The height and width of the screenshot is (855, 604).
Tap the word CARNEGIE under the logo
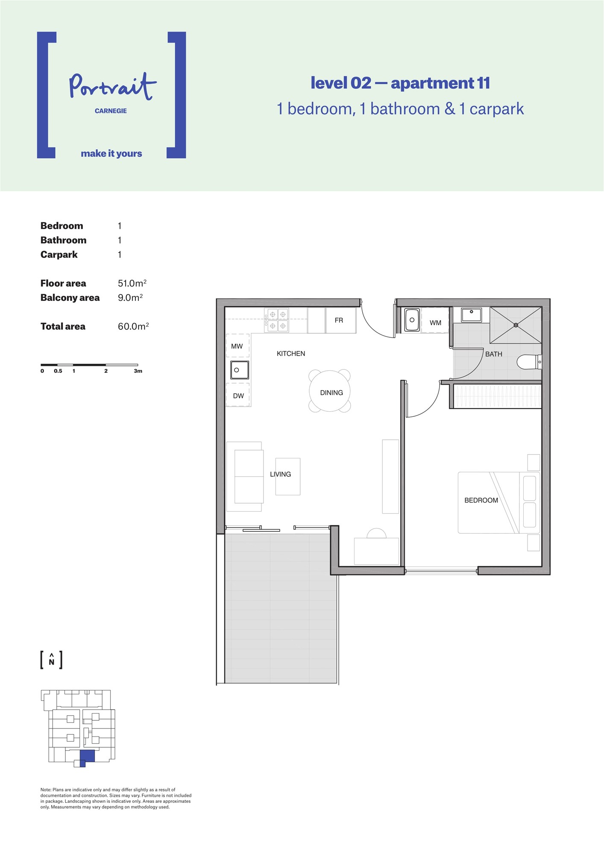(111, 111)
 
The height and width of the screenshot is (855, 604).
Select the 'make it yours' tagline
(111, 153)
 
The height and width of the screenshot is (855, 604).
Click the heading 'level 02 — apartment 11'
(400, 83)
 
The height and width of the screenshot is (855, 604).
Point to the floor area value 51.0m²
(132, 283)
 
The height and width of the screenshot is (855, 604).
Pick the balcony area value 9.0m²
(130, 298)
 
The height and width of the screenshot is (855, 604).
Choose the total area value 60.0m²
(133, 326)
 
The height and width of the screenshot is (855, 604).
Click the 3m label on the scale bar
(138, 371)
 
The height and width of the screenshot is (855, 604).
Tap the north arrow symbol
(52, 660)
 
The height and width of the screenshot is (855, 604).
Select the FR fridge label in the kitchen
(339, 320)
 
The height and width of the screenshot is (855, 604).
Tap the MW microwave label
(237, 346)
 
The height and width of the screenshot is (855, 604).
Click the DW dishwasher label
(238, 396)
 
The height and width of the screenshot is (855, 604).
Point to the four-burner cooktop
(277, 320)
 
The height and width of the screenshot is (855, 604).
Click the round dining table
(330, 391)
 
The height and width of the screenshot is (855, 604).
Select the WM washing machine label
(435, 323)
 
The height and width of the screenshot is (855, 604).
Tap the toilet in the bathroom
(529, 362)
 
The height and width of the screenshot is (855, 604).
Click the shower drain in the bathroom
(516, 325)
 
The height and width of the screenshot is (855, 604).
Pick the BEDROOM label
(481, 500)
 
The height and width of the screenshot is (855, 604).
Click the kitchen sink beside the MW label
(240, 370)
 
